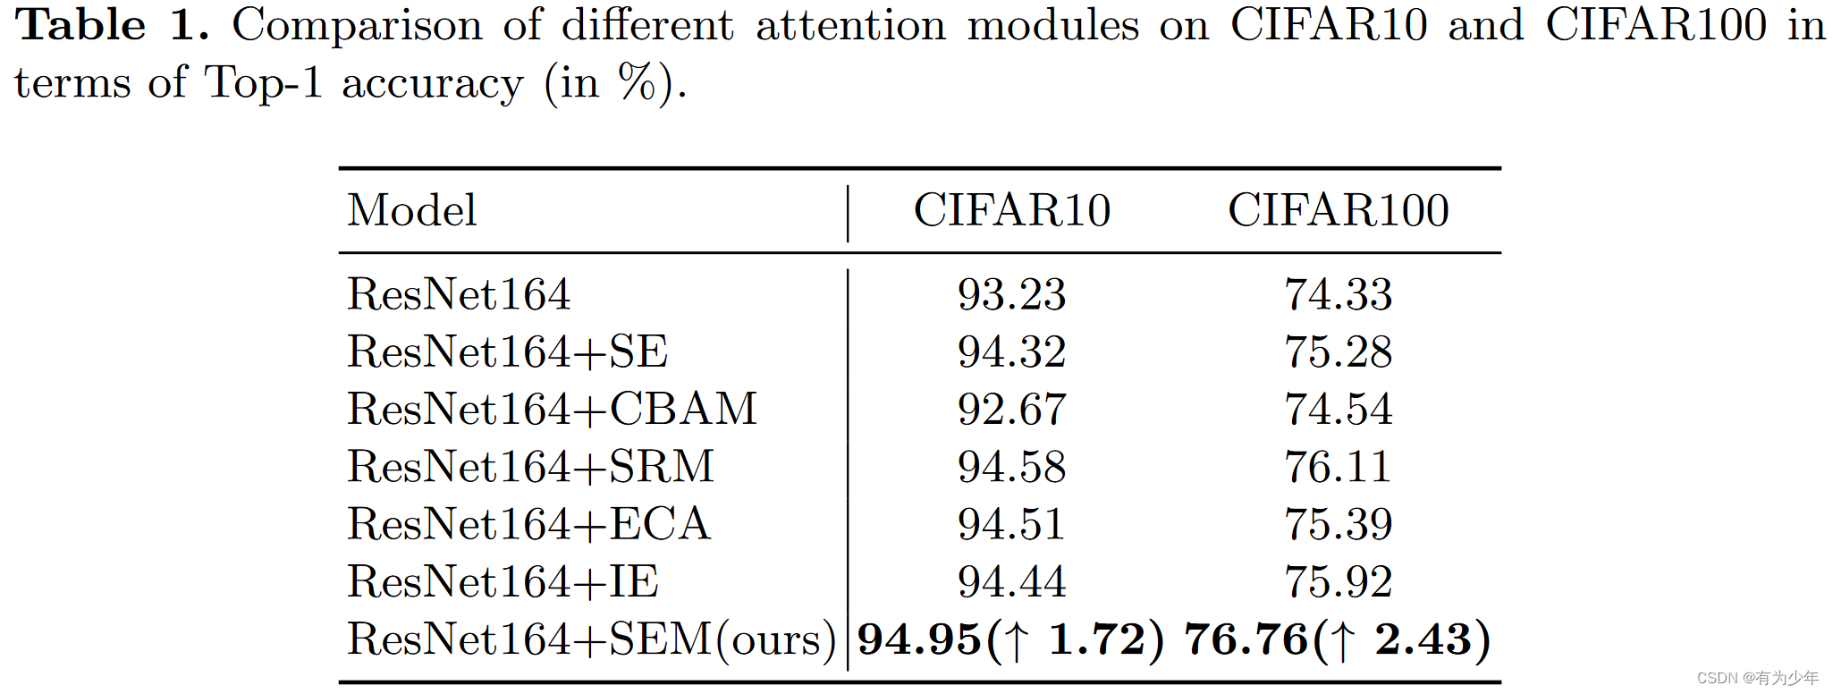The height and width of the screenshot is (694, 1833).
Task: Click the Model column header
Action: (x=412, y=211)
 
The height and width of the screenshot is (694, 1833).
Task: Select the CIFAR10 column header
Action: (x=1011, y=211)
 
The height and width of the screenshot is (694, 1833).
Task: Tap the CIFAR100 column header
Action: (x=1338, y=211)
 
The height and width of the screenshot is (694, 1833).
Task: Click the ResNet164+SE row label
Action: (x=507, y=351)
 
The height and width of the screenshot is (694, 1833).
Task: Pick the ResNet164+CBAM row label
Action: (x=552, y=410)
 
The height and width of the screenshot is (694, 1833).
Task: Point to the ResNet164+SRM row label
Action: (x=530, y=467)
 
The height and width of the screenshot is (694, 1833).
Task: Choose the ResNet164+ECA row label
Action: (x=528, y=524)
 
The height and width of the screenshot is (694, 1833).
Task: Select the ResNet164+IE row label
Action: (x=503, y=581)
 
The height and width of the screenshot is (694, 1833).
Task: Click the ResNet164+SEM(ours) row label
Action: (x=591, y=639)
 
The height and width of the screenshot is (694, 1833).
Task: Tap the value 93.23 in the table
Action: (x=1011, y=294)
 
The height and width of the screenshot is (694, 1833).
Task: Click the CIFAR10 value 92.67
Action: (x=1011, y=410)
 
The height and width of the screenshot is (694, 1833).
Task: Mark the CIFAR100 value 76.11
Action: (x=1338, y=467)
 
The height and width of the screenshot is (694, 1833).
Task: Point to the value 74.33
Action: (x=1338, y=294)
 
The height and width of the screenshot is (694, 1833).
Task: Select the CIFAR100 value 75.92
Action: (x=1338, y=581)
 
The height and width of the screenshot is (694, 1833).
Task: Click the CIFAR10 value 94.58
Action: (x=1011, y=467)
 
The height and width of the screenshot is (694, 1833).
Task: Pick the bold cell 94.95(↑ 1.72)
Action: (x=1010, y=639)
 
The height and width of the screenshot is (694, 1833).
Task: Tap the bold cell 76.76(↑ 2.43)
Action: (x=1338, y=639)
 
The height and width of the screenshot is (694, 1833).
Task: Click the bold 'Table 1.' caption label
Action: (x=113, y=25)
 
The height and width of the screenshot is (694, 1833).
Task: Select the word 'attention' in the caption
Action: (x=850, y=25)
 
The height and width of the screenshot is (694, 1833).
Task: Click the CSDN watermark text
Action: (x=1757, y=678)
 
